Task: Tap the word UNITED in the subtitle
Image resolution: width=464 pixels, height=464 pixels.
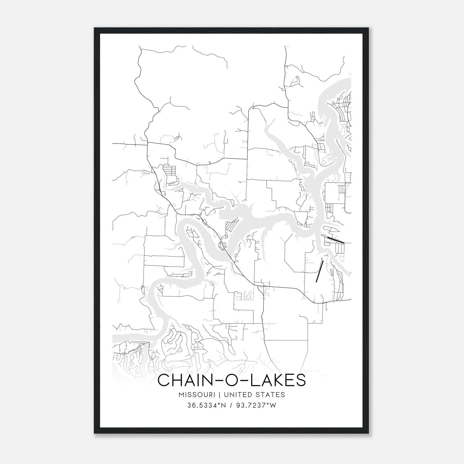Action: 238,395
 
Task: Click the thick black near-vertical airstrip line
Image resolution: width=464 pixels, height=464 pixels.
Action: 319,271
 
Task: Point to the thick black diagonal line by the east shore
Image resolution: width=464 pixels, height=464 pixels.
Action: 336,240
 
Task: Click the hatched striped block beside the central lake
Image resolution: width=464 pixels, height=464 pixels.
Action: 231,225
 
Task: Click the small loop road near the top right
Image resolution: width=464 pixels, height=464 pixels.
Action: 295,81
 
